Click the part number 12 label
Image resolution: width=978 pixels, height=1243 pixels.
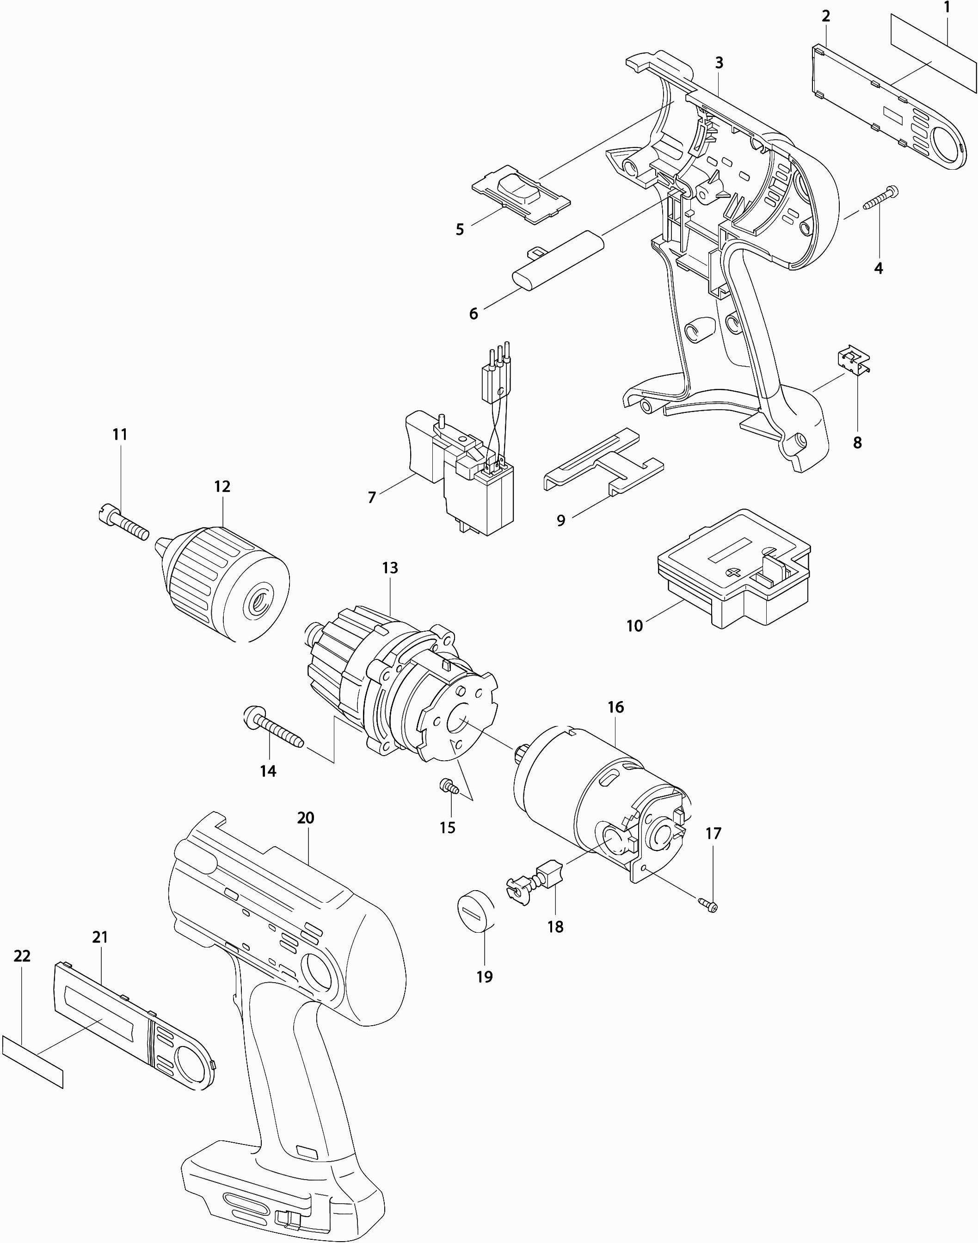[x=222, y=486]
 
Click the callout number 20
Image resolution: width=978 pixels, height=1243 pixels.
[x=306, y=818]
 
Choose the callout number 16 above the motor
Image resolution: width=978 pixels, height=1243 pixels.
[x=615, y=707]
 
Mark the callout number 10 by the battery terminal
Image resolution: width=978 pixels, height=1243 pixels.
[x=634, y=626]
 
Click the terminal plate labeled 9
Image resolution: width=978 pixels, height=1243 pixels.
[x=603, y=461]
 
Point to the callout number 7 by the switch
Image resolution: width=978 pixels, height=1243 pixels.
[x=372, y=498]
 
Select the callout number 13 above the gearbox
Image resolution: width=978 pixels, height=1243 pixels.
[x=389, y=568]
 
